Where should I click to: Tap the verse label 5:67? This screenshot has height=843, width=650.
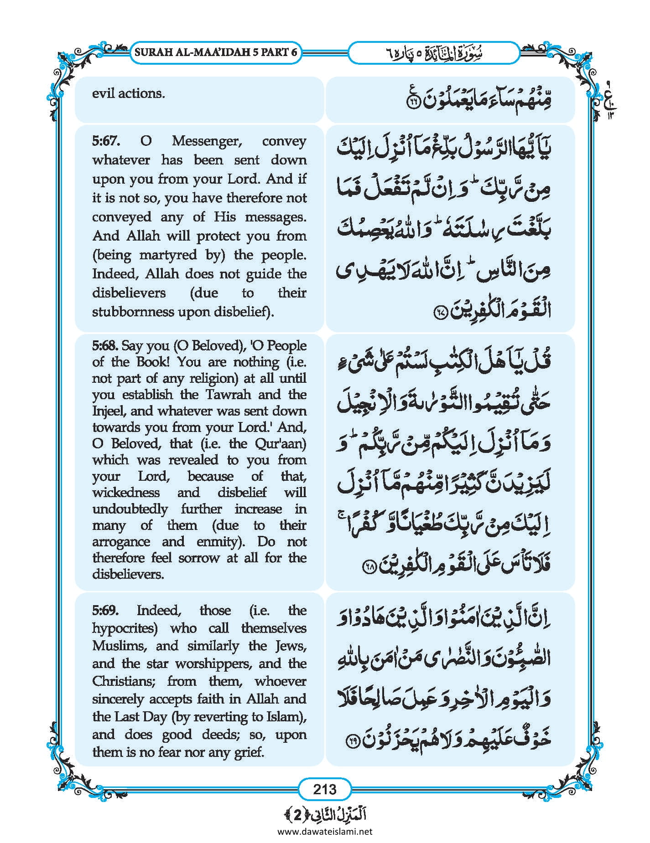pos(106,141)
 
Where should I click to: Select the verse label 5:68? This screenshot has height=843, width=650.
pos(105,346)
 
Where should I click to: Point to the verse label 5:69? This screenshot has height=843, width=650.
pos(105,610)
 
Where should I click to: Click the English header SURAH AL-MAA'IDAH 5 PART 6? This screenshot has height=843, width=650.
pos(216,52)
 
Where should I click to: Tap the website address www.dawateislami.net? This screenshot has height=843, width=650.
pos(325,831)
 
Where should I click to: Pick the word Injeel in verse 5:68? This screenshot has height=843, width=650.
pos(109,411)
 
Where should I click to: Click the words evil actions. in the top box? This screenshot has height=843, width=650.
pos(128,94)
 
